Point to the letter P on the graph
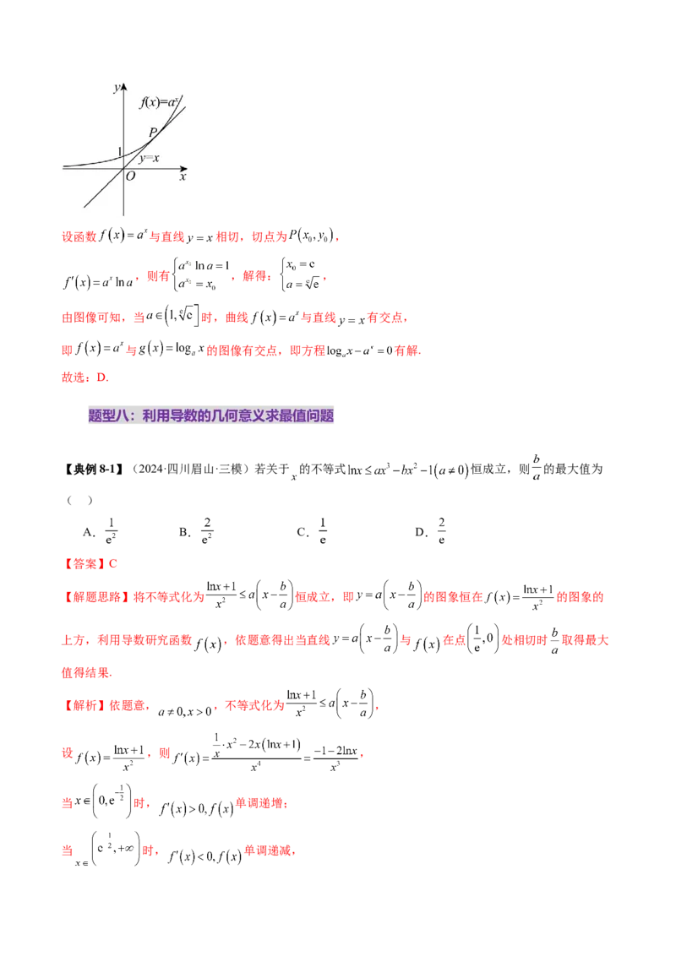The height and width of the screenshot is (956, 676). (153, 132)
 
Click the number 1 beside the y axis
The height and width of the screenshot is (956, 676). (119, 151)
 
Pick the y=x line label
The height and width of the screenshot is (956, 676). (150, 158)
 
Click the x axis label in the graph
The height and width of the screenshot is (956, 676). (183, 177)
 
